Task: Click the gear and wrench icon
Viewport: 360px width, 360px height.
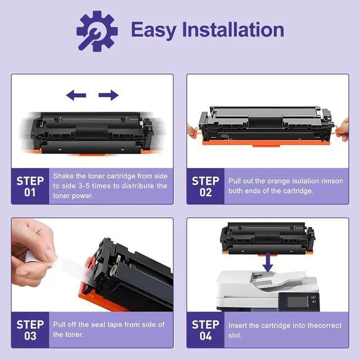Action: click(97, 31)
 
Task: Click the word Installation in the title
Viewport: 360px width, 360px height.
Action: click(233, 29)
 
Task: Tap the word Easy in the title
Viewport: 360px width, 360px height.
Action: click(154, 30)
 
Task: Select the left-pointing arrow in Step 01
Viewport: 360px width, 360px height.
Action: click(76, 95)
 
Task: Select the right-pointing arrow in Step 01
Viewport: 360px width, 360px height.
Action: click(109, 95)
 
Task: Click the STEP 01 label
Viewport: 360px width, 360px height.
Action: click(30, 186)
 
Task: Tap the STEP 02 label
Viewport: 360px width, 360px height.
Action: click(205, 186)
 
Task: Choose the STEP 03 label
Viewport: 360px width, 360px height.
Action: click(30, 330)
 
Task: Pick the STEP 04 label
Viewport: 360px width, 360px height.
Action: click(205, 330)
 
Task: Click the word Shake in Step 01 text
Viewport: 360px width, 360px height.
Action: click(64, 176)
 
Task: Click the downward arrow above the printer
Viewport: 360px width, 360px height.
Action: click(268, 263)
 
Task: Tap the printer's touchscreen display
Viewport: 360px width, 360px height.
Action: click(298, 301)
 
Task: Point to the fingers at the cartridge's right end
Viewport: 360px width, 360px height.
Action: click(343, 129)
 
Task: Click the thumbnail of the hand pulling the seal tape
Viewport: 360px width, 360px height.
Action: click(34, 252)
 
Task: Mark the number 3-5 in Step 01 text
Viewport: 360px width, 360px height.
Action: click(84, 186)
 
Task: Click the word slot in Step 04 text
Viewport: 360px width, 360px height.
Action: click(235, 335)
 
